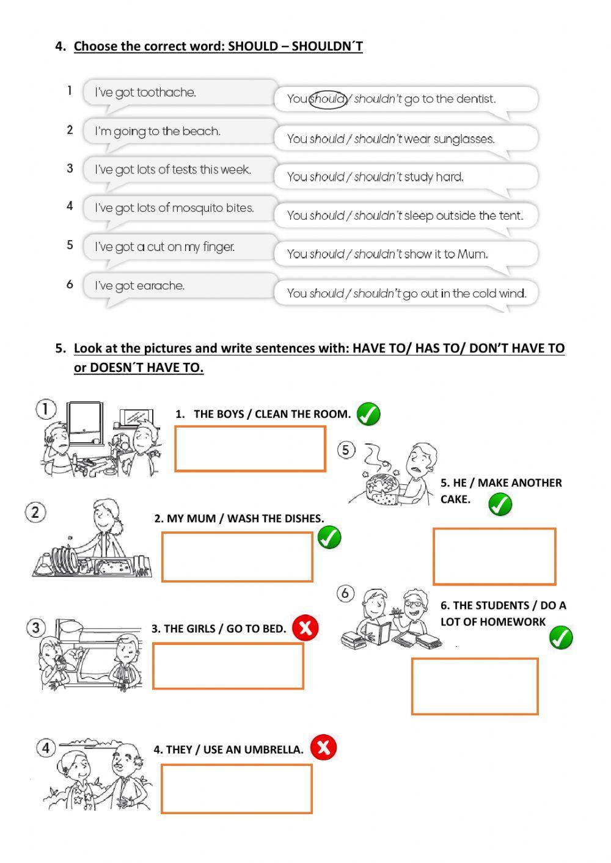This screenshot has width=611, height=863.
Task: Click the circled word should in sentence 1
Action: [x=328, y=99]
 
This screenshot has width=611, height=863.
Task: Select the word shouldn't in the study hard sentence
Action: [x=378, y=177]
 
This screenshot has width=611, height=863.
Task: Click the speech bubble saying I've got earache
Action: [x=180, y=286]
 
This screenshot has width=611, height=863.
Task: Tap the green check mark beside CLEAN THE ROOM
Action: [x=368, y=414]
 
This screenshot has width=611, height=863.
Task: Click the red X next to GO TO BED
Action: [x=305, y=627]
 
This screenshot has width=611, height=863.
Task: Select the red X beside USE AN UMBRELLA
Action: [x=323, y=747]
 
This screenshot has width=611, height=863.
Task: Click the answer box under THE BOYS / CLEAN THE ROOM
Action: [x=250, y=449]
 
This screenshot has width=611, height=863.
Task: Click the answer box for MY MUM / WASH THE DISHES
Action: [x=237, y=556]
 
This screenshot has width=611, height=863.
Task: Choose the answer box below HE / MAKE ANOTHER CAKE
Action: [x=494, y=556]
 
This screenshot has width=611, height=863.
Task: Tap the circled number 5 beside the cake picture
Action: [x=346, y=450]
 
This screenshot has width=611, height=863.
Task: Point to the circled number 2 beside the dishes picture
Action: [x=35, y=512]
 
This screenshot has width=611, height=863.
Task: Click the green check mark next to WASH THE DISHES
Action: [x=329, y=537]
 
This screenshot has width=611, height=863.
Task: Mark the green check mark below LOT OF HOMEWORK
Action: [x=560, y=638]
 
